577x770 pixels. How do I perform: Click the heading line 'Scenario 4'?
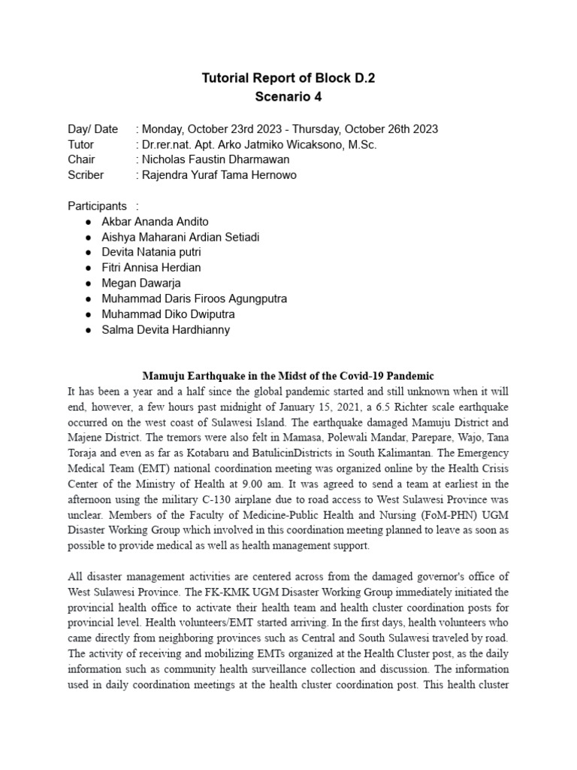pos(288,97)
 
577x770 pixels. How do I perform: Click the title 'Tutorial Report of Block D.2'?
pos(288,77)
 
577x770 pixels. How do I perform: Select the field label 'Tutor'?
pos(81,144)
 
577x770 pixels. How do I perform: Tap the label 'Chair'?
pos(81,159)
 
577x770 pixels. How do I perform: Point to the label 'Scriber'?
pos(86,174)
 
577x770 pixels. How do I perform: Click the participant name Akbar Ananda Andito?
pos(156,222)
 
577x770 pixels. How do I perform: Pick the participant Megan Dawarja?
pos(140,283)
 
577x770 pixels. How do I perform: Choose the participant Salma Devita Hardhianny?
pos(165,329)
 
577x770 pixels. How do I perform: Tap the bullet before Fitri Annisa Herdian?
pos(89,268)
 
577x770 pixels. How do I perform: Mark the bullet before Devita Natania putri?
pos(89,253)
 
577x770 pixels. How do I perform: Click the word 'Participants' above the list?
pos(98,205)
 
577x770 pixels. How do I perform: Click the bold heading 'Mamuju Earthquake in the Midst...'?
pos(288,375)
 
